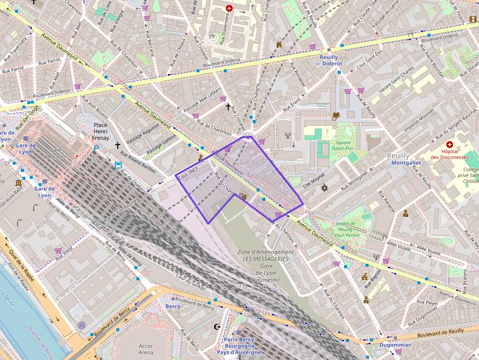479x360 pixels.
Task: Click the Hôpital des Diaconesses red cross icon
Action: [450, 145]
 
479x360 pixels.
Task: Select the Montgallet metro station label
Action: [406, 163]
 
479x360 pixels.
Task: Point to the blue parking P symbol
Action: [96, 149]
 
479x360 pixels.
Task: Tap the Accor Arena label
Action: [146, 349]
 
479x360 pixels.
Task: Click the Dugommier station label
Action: [395, 345]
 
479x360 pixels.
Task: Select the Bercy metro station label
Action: [173, 306]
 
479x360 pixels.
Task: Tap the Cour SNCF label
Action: [188, 173]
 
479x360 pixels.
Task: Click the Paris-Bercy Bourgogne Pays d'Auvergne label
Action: [239, 345]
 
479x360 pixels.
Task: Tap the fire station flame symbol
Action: [279, 44]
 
